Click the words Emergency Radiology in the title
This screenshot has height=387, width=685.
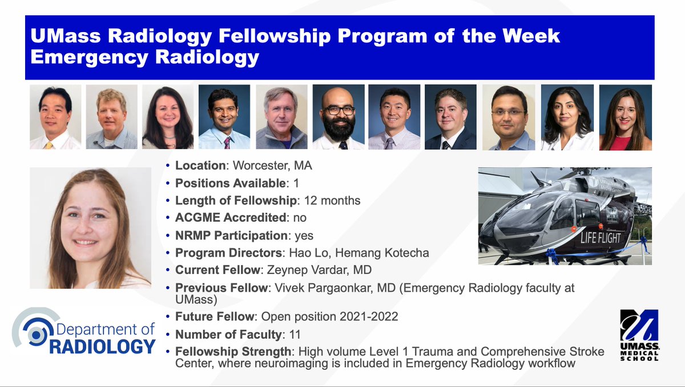coord(145,57)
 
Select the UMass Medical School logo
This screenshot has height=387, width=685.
coord(639,334)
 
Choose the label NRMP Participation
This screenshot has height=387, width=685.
coord(231,236)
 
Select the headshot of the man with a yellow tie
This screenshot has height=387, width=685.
coord(55,117)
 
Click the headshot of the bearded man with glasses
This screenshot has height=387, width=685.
coord(339,117)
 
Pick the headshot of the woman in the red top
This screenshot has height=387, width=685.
coord(625,117)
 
